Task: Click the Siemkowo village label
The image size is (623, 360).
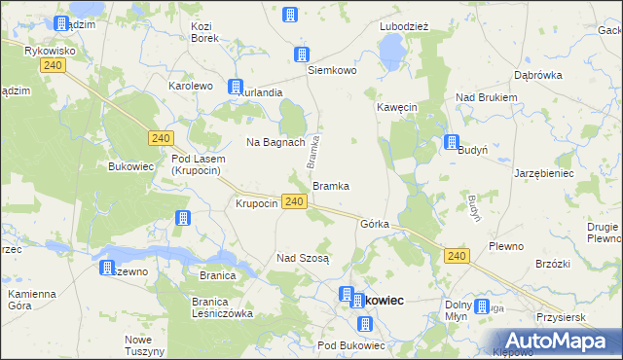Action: coord(333,71)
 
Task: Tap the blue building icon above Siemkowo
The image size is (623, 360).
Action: coord(302,54)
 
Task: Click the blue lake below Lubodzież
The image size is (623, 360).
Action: coord(391,49)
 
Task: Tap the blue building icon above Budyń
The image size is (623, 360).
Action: coord(453,142)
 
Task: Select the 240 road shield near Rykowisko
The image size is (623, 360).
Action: coord(54,64)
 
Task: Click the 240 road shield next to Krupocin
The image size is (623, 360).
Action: coord(296,201)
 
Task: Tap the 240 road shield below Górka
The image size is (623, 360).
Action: coord(458,255)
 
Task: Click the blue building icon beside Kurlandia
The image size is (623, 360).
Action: coord(236,87)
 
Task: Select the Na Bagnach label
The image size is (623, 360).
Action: coord(276,142)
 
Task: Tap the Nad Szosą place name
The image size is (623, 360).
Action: coord(304,258)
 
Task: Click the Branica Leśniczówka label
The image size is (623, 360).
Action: coord(216,307)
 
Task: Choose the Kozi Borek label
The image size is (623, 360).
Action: coord(203,32)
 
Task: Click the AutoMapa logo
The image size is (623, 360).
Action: coord(550,341)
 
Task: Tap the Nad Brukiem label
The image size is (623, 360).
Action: coord(487,97)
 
